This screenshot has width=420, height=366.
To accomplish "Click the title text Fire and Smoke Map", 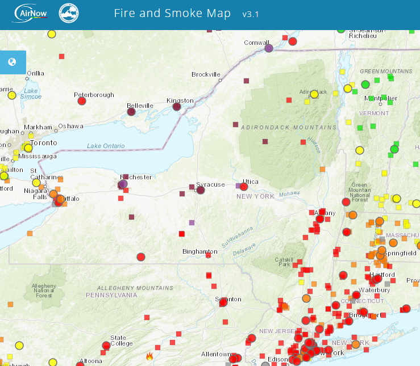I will (x=172, y=14).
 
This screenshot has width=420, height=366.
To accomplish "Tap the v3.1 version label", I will (x=250, y=14).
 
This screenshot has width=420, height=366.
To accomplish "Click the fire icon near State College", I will (x=149, y=356).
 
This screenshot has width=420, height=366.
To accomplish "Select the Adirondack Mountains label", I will (x=289, y=127).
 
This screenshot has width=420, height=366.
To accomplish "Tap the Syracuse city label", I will (x=210, y=184).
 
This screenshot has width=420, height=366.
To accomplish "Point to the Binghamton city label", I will (x=199, y=251).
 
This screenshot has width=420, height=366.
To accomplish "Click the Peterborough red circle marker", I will (x=81, y=101).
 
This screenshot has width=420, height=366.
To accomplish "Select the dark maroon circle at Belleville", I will (x=131, y=112).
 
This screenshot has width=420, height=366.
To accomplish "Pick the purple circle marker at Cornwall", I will (x=269, y=49).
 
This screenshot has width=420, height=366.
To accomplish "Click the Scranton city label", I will (x=228, y=299).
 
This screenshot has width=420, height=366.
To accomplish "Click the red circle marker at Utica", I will (x=244, y=187).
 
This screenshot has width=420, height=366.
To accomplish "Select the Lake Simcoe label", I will (x=31, y=94).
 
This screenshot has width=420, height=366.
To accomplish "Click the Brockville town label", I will (x=206, y=74).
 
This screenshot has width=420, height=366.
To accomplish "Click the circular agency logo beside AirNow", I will (x=69, y=14).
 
